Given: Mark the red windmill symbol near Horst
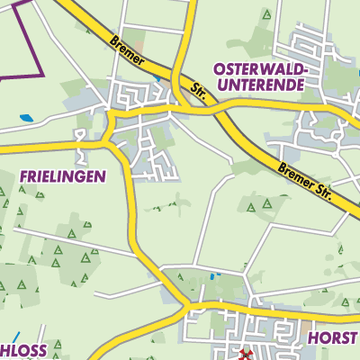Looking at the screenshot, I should click(x=246, y=355).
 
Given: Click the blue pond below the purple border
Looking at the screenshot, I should click(x=26, y=117).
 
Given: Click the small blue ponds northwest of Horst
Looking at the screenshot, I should click(x=213, y=275).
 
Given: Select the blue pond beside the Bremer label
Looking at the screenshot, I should click(x=158, y=78).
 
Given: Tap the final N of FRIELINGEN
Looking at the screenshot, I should click(x=101, y=176).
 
